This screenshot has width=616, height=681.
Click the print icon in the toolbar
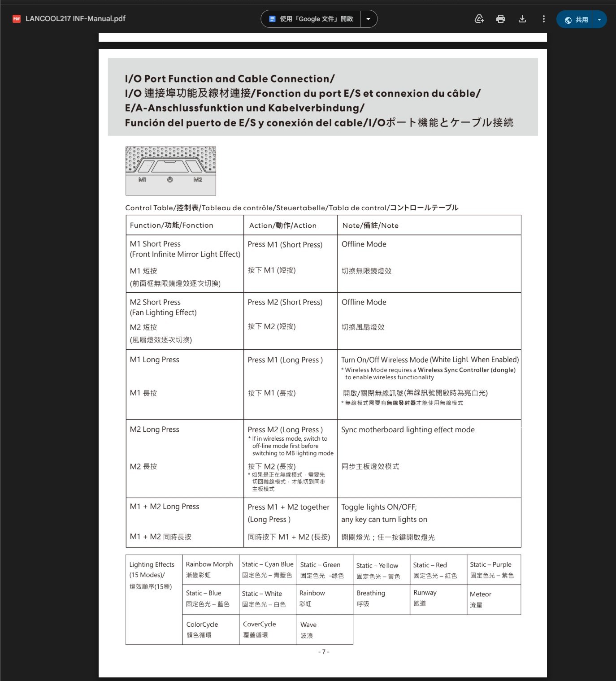tap(501, 19)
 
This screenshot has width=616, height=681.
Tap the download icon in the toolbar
tap(522, 19)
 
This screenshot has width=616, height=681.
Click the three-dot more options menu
tap(543, 19)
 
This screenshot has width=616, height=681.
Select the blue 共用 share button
tap(577, 20)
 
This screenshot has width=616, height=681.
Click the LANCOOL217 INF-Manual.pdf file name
tap(75, 19)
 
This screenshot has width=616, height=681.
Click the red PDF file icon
tap(17, 19)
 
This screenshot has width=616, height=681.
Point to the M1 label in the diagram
tap(142, 180)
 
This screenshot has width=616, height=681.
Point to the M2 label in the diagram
tap(198, 180)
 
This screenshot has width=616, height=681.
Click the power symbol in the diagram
tap(170, 180)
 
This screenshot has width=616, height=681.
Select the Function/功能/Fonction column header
tap(172, 226)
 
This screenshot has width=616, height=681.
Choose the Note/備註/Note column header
tap(370, 226)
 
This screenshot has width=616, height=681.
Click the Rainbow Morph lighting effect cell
tap(209, 569)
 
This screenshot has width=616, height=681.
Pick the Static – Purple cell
tap(492, 569)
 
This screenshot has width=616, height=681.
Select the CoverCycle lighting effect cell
tap(260, 629)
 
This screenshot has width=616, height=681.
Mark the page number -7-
tap(323, 651)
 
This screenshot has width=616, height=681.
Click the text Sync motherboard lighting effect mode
tap(408, 429)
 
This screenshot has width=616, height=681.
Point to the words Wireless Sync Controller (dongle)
tap(467, 370)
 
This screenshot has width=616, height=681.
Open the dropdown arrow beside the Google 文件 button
tap(368, 19)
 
